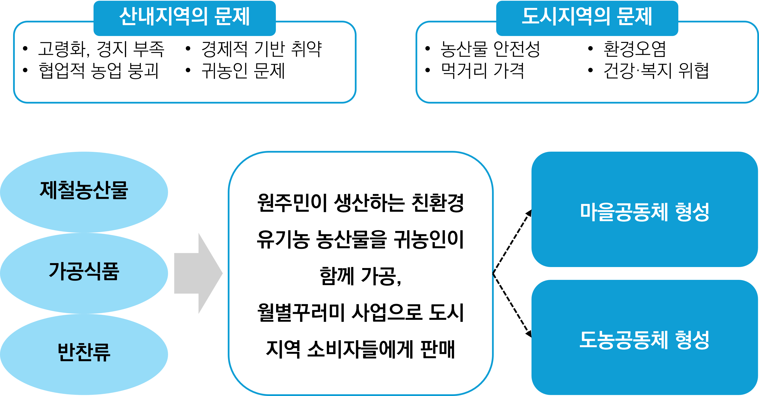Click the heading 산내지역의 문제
185,17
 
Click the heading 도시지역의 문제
587,17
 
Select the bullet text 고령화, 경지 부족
101,49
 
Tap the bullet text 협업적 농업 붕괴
99,71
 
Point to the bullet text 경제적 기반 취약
261,49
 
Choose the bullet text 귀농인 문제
243,71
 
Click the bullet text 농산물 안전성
490,49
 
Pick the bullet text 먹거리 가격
482,71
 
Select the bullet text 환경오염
635,49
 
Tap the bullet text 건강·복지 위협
656,71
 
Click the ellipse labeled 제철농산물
84,191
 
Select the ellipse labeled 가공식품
84,271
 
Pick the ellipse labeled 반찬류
84,352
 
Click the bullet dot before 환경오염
590,49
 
